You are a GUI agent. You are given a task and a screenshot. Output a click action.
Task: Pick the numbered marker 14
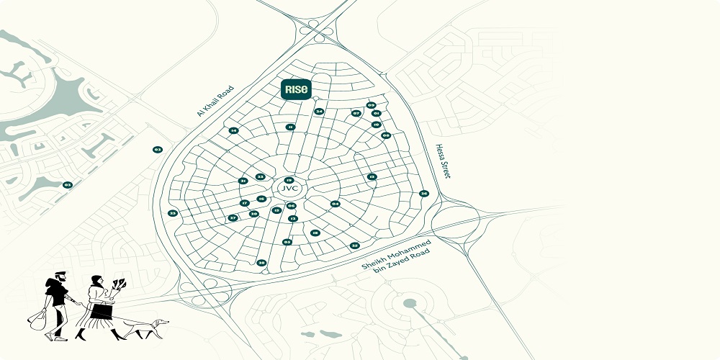(233, 130)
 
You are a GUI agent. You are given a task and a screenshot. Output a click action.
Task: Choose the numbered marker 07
(356, 113)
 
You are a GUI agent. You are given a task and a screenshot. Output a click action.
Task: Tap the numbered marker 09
(371, 105)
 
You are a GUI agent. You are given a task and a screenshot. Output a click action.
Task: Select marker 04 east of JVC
(335, 204)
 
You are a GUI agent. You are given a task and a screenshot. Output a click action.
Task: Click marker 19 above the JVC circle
(289, 180)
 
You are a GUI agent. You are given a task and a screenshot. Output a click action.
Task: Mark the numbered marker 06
(291, 206)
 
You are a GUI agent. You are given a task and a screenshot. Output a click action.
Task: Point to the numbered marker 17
(244, 203)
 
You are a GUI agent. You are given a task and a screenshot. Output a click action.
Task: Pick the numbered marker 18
(315, 233)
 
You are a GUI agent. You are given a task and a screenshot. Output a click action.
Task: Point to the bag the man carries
(37, 319)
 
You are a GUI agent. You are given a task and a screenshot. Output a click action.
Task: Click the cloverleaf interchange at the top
(314, 27)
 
